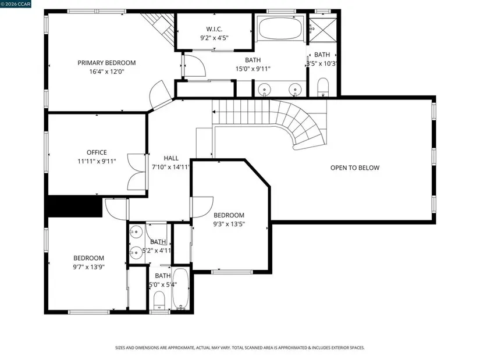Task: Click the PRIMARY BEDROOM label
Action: tap(106, 63)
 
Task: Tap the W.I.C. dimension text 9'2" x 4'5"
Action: tap(214, 38)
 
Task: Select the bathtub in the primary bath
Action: tap(280, 28)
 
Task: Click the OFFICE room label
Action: tap(97, 152)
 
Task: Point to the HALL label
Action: tap(171, 158)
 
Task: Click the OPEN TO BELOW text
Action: tap(355, 167)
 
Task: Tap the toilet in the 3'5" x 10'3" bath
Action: tap(323, 87)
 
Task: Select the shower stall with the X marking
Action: tap(323, 30)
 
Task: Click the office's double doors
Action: tap(137, 172)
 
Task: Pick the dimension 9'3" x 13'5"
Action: tap(229, 224)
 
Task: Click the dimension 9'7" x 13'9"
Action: tap(89, 267)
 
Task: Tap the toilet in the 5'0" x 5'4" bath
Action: tap(159, 300)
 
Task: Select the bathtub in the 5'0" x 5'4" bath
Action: tap(180, 289)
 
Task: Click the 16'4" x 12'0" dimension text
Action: tap(106, 72)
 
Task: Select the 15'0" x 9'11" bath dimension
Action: tap(253, 69)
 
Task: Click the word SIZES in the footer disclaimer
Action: tap(120, 348)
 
